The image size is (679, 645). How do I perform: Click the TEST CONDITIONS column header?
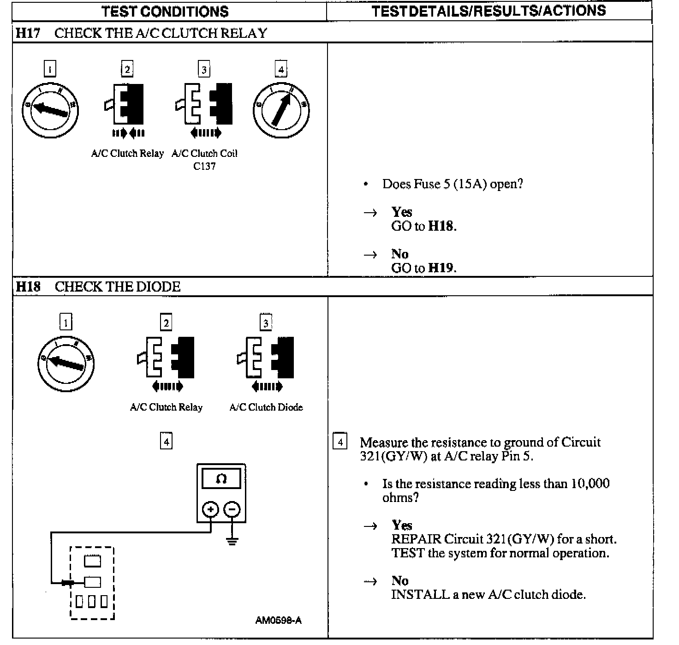(x=165, y=11)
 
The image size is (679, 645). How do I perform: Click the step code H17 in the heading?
(x=28, y=33)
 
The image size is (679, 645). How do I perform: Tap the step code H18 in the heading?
(x=28, y=287)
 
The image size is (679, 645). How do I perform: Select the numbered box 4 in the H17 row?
(x=280, y=69)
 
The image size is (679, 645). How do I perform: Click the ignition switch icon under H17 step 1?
(x=50, y=110)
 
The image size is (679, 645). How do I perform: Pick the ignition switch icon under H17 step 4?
(x=281, y=110)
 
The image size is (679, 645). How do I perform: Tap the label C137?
(x=204, y=167)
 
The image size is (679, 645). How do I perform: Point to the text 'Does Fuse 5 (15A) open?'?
(x=452, y=184)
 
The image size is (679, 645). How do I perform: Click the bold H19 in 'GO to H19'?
(x=441, y=268)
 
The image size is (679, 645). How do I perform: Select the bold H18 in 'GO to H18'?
(x=441, y=226)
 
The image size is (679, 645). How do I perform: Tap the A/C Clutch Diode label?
(x=266, y=407)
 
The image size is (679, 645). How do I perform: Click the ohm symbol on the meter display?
(x=221, y=479)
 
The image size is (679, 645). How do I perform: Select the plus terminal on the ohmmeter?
(x=211, y=509)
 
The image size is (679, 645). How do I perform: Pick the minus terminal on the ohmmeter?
(x=232, y=509)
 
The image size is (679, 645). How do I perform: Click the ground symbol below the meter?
(x=232, y=540)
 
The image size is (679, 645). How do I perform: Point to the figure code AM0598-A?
(x=279, y=620)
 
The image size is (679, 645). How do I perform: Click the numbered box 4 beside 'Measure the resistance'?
(x=340, y=442)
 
